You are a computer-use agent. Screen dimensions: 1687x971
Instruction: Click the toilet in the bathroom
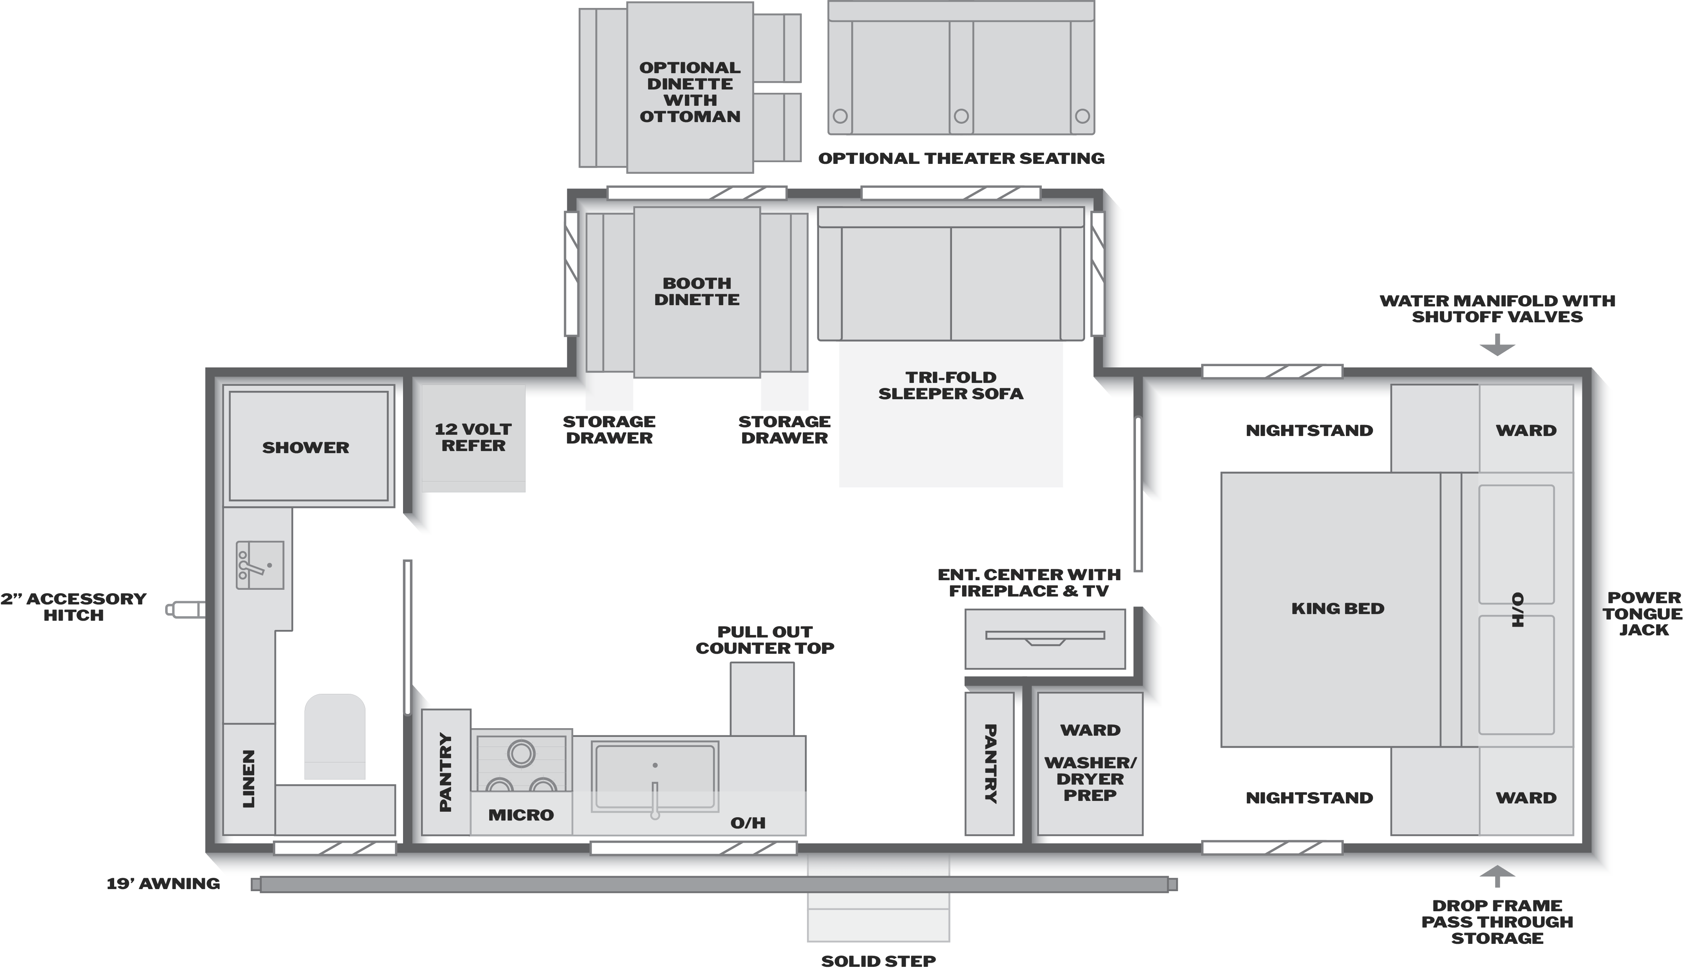pyautogui.click(x=335, y=736)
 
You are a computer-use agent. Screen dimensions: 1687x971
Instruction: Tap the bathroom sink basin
pyautogui.click(x=260, y=565)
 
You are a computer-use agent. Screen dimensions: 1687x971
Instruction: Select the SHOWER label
pyautogui.click(x=306, y=448)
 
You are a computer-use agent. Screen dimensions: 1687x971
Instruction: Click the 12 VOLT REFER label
pyautogui.click(x=473, y=438)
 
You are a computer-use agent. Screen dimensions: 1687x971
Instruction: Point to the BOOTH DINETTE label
pyautogui.click(x=697, y=291)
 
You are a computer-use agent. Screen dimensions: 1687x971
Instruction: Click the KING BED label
pyautogui.click(x=1337, y=608)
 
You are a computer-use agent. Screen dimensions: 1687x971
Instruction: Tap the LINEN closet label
pyautogui.click(x=249, y=778)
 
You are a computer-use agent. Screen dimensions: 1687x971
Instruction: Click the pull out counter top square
pyautogui.click(x=762, y=699)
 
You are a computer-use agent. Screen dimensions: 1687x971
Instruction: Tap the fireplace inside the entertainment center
pyautogui.click(x=1045, y=637)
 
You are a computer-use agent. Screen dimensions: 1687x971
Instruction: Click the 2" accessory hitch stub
pyautogui.click(x=186, y=609)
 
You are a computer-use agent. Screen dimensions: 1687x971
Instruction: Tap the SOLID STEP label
pyautogui.click(x=878, y=961)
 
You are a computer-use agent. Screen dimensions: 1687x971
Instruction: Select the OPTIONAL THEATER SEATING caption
pyautogui.click(x=961, y=158)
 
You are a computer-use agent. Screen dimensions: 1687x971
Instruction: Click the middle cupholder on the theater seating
pyautogui.click(x=961, y=116)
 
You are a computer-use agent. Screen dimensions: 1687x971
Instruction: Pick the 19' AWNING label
pyautogui.click(x=163, y=884)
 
